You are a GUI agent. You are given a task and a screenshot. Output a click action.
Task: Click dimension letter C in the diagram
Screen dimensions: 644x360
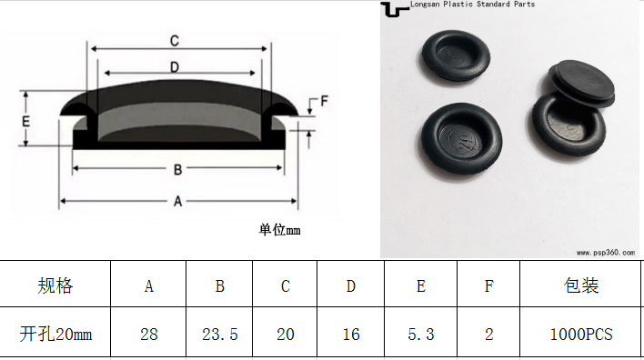click(175, 41)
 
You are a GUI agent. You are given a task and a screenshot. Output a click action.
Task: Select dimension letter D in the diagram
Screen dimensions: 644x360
click(175, 67)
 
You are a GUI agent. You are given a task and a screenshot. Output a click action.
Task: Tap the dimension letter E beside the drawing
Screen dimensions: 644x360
click(25, 122)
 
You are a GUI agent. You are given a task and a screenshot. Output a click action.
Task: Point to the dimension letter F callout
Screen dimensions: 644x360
click(324, 101)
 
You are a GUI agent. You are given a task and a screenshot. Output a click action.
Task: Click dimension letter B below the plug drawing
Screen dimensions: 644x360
click(177, 169)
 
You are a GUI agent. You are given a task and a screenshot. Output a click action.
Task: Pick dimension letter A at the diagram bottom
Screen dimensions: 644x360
click(177, 201)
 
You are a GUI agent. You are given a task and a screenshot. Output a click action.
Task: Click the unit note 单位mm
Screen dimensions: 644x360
click(279, 229)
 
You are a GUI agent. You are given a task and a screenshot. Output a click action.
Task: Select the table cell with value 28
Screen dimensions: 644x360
click(148, 335)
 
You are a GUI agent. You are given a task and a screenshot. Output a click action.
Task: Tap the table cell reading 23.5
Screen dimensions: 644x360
click(220, 335)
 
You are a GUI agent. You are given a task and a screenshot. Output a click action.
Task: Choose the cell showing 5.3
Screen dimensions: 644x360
click(421, 335)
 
